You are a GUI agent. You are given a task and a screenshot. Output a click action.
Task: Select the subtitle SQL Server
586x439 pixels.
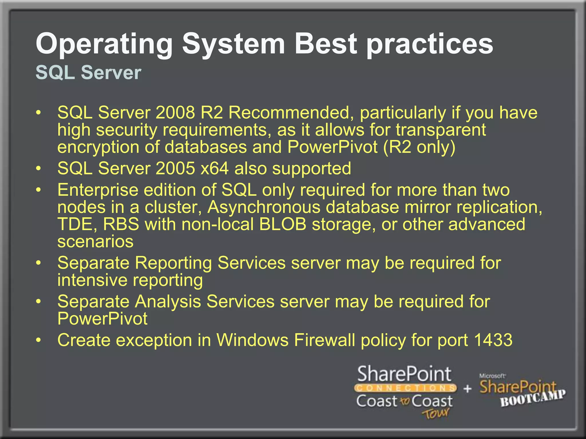pos(88,72)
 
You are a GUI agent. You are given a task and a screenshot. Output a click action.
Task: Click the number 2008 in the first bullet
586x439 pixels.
pos(175,113)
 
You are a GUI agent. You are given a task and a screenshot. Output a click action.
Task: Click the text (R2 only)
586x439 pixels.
pos(419,147)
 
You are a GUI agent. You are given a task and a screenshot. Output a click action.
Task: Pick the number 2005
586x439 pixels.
pos(175,168)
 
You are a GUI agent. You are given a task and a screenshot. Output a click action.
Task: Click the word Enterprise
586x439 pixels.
pos(98,190)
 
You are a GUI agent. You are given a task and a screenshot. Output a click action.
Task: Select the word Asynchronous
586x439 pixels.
pos(264,207)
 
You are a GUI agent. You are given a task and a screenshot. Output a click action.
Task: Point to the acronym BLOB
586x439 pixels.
pos(282,224)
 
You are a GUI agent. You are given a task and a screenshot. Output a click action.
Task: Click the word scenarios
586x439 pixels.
pos(95,242)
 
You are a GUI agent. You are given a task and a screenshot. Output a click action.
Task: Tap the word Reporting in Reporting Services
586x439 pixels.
pos(173,263)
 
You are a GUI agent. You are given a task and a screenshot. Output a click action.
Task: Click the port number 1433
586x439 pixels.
pos(493,340)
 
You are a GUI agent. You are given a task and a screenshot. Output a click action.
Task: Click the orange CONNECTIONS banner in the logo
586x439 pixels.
pos(405,388)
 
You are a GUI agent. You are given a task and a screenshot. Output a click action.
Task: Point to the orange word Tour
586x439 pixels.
pos(435,413)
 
